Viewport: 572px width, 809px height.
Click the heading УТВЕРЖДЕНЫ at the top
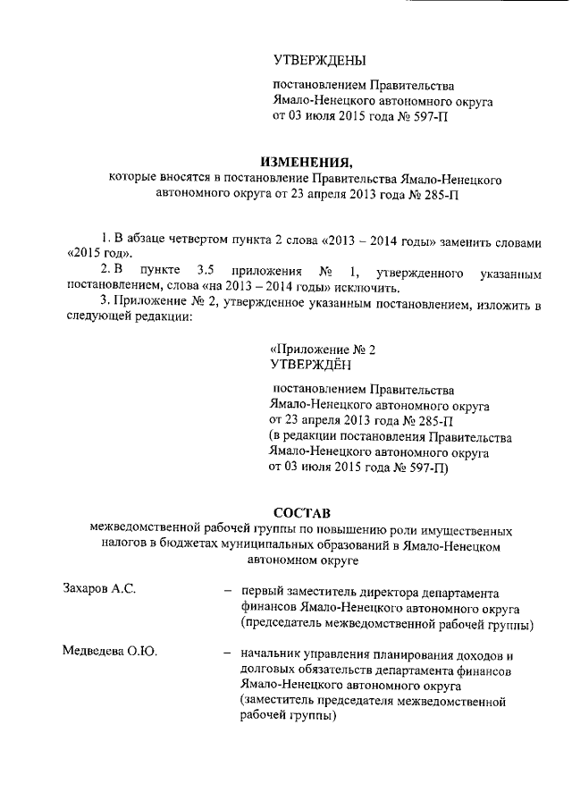pyautogui.click(x=319, y=61)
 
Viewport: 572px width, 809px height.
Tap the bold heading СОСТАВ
pyautogui.click(x=302, y=512)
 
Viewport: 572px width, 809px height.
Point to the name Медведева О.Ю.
pyautogui.click(x=110, y=653)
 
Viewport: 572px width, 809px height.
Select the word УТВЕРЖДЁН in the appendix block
pyautogui.click(x=310, y=365)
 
